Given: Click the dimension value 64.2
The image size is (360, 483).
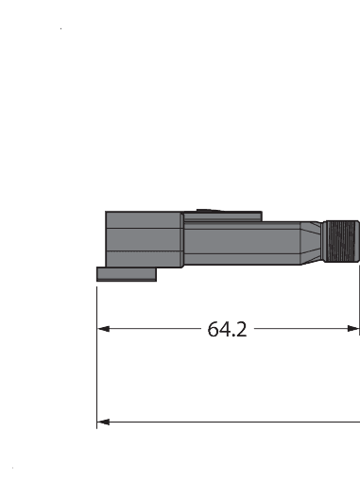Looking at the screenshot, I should pos(227,330).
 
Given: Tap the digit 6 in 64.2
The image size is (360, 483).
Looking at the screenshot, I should pos(213,330).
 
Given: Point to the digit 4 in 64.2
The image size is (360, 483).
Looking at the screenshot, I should pos(224,330).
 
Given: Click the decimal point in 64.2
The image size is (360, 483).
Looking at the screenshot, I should pos(232,336).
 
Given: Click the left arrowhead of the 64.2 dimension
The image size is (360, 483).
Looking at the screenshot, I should pos(104,330).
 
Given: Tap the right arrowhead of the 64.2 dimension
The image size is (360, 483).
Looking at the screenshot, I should pos(353,330).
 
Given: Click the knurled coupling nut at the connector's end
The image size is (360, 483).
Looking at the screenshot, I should pos(341,243).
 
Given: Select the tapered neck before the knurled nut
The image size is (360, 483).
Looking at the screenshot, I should pos(311,243).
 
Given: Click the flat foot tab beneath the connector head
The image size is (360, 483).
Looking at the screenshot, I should pos(127,273).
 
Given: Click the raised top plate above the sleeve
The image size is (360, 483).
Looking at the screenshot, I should pos(222,217).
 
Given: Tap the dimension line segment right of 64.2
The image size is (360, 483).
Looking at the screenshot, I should pos(302,330).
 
